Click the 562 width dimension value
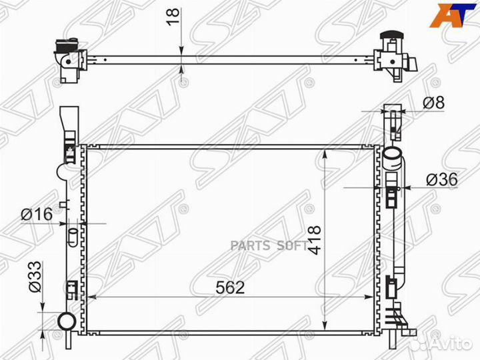(x=230, y=287)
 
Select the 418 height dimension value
(x=315, y=240)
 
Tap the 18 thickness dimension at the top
(x=173, y=17)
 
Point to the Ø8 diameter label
(x=433, y=102)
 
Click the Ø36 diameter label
(x=442, y=179)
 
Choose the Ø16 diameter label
(x=37, y=214)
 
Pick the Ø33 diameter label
(x=35, y=277)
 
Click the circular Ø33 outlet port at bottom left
(x=67, y=321)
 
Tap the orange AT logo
(x=453, y=15)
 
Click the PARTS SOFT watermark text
(x=269, y=245)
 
